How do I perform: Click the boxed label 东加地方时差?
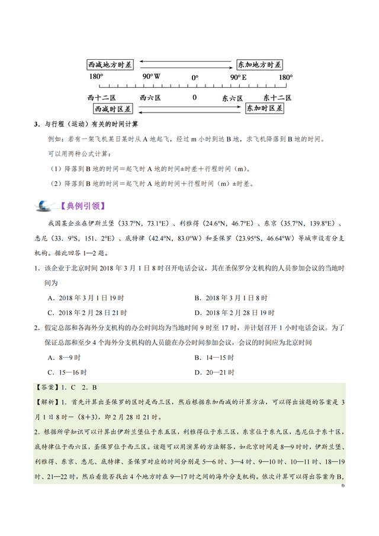tap(259, 64)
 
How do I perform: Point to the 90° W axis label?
tap(152, 78)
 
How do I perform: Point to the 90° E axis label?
tap(239, 78)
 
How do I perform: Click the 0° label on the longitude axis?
tap(195, 78)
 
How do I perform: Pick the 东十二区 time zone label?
tap(277, 97)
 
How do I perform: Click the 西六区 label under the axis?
tap(150, 97)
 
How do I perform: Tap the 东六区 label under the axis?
tap(233, 97)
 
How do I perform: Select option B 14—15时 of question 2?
tap(214, 358)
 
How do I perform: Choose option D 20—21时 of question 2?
tap(214, 373)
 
